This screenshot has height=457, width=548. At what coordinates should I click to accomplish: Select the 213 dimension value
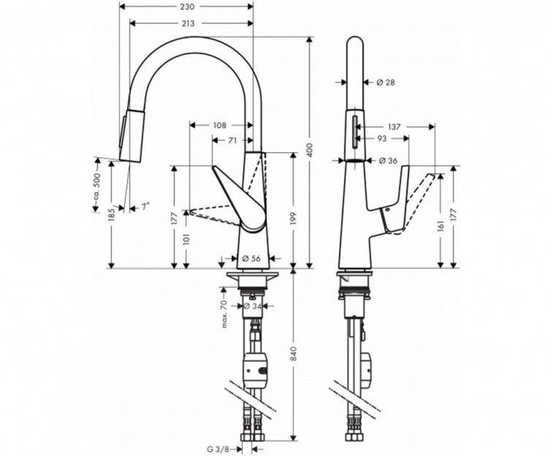(187, 23)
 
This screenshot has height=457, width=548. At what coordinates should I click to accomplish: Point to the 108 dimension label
(220, 125)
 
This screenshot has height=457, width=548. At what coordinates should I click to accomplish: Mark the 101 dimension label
(187, 239)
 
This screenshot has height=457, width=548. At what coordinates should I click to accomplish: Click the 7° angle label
(146, 208)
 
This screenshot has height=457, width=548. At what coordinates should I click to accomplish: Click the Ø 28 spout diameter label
(386, 83)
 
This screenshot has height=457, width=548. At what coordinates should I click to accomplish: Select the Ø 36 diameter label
(388, 161)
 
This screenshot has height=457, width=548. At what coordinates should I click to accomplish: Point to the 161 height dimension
(441, 227)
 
